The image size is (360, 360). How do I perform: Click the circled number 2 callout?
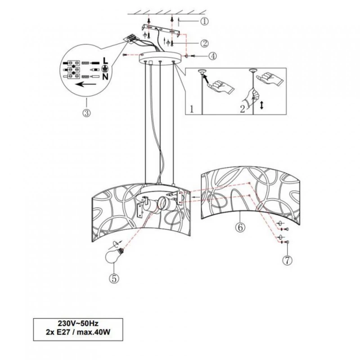coord(205,43)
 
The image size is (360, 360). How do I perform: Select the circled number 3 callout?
coord(86,113)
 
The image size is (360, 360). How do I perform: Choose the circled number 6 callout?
coord(240,227)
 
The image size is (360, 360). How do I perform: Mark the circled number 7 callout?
coord(285,260)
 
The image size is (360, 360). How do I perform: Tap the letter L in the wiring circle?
coord(104,60)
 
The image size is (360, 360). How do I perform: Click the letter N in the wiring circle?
coord(104,76)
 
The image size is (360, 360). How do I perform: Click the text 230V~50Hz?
coord(78,323)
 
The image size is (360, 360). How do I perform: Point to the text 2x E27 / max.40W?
coord(78,332)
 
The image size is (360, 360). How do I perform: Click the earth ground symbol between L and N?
coord(104,68)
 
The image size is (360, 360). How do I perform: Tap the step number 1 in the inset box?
coord(192,108)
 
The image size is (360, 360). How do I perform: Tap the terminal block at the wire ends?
coord(132,38)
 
